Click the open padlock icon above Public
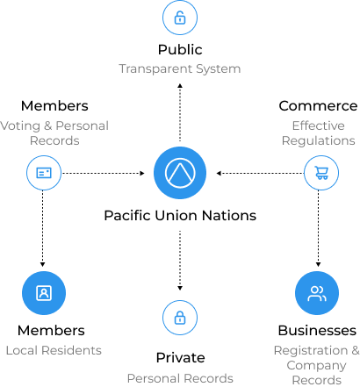[x=180, y=18]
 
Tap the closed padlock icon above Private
[x=180, y=318]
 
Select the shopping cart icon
[x=321, y=173]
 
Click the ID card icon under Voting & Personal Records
[x=44, y=173]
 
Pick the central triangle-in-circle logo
[x=180, y=173]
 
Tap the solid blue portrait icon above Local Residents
[x=44, y=293]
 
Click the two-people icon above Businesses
[x=317, y=293]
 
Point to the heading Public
[x=180, y=50]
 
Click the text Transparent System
[x=180, y=69]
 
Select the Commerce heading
[x=318, y=106]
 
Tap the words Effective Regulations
[x=318, y=133]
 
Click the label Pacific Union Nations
[x=180, y=216]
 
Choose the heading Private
[x=180, y=357]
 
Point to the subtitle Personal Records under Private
[x=180, y=378]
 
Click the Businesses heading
[x=317, y=331]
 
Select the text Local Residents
[x=54, y=350]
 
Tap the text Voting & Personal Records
[x=54, y=133]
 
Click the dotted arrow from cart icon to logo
[x=260, y=173]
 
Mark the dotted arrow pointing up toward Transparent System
[x=180, y=112]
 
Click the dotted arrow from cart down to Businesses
[x=319, y=228]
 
